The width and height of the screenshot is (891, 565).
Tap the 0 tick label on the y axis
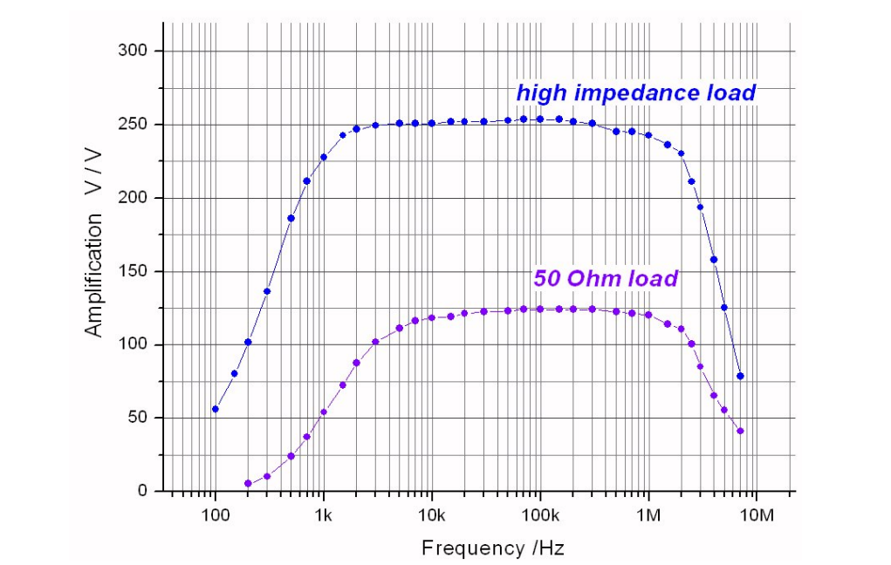143,491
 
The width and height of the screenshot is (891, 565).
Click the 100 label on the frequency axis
215,514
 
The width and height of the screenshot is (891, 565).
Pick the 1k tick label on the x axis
324,514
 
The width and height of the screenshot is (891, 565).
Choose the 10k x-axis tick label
431,514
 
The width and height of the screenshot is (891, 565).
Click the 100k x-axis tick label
539,514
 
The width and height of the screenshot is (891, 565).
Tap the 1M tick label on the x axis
648,514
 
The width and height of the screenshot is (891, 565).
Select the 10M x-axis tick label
756,514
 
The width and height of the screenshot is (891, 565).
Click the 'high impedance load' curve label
635,92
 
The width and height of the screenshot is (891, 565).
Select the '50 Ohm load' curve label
605,279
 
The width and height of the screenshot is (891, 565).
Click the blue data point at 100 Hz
216,409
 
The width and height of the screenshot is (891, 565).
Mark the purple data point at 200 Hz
248,483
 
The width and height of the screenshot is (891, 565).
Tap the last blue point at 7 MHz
740,376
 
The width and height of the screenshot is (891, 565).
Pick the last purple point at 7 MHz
740,431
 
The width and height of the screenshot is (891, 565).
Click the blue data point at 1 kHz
324,157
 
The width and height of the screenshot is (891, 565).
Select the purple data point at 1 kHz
324,412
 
